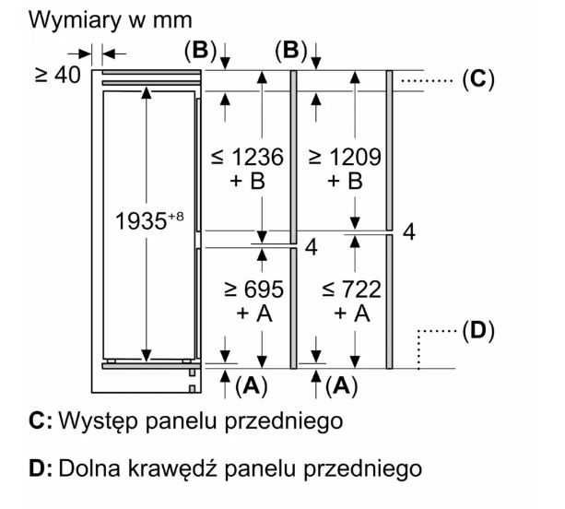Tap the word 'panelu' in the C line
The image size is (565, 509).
click(x=177, y=423)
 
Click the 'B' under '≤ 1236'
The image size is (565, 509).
click(x=257, y=181)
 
